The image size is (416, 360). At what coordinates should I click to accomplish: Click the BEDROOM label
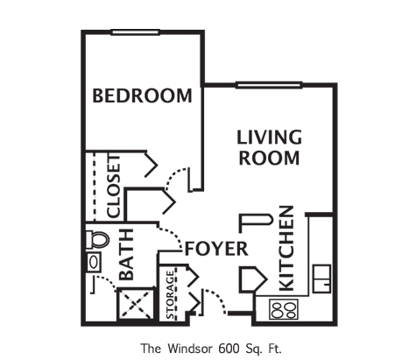click(x=142, y=95)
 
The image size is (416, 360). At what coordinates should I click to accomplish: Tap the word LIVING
click(x=270, y=138)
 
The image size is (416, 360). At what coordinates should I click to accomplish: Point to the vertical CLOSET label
click(x=113, y=187)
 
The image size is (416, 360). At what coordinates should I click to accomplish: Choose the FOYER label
click(x=216, y=249)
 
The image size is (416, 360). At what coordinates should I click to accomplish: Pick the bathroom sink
click(x=93, y=264)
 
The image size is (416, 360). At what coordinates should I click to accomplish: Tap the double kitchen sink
click(x=321, y=276)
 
